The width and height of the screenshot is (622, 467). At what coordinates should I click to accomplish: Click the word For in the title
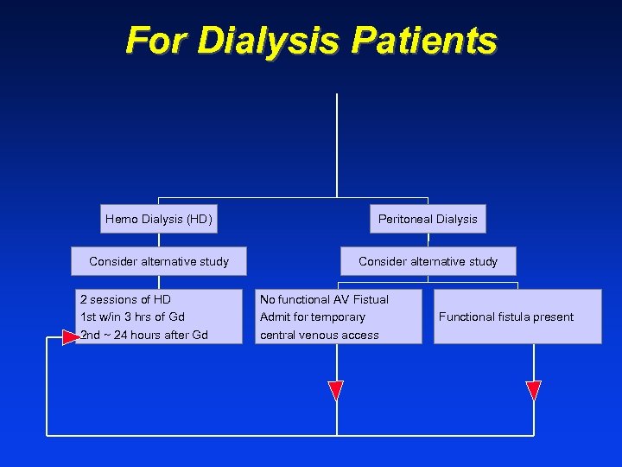(x=155, y=41)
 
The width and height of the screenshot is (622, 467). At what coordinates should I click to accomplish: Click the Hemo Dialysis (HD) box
(x=158, y=219)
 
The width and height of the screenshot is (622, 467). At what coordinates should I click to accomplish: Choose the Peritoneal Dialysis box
(x=428, y=219)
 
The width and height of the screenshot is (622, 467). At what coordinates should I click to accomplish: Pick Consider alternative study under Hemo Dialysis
(x=159, y=261)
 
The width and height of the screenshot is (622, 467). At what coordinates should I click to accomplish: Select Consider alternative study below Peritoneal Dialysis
(x=428, y=261)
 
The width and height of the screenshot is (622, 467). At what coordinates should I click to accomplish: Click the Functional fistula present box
(x=517, y=317)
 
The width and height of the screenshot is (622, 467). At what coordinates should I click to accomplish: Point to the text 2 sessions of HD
(x=125, y=299)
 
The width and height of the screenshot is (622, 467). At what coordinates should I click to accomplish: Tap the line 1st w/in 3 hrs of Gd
(x=132, y=317)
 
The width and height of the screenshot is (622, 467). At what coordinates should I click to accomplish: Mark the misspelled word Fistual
(x=370, y=299)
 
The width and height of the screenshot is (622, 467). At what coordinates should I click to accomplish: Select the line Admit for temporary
(x=313, y=317)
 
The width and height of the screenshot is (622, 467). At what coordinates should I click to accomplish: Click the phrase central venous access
(x=320, y=335)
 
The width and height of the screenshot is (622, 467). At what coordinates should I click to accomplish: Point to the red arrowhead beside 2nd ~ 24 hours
(x=70, y=336)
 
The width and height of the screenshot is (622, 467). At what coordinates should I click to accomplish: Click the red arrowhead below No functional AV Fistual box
(x=336, y=390)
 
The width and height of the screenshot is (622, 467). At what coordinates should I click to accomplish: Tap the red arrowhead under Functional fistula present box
(x=533, y=390)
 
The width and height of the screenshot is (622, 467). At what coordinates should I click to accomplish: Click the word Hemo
(x=121, y=219)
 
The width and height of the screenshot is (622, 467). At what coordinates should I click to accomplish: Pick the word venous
(x=325, y=335)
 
